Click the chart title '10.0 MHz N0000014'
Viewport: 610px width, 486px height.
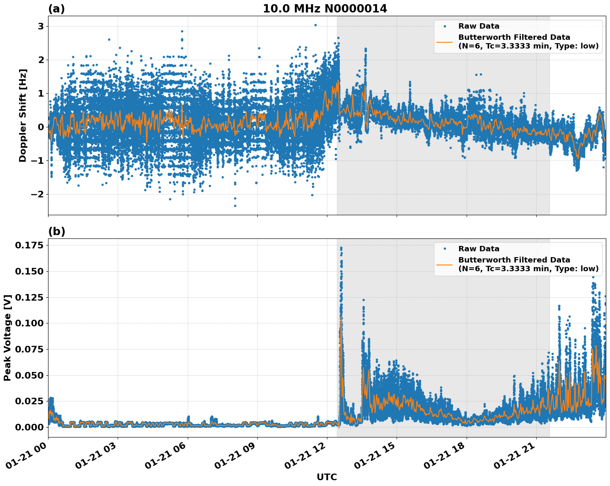(325, 9)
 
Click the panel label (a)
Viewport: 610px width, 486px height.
(56, 9)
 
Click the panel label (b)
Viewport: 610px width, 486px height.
(57, 231)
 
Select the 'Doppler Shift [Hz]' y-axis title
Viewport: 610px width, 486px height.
(23, 116)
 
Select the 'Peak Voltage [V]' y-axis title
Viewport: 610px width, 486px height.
(7, 338)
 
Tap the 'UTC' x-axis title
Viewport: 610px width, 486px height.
(327, 477)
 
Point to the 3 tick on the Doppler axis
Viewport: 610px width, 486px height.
(41, 27)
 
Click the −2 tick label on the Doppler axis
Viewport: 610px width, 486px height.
(38, 194)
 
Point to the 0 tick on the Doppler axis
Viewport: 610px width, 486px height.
(41, 127)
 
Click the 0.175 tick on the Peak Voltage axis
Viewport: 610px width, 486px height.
(29, 245)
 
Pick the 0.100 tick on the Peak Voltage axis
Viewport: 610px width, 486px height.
(29, 323)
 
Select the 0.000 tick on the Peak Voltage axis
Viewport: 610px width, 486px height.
(29, 427)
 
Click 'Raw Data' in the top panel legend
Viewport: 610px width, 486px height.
(479, 26)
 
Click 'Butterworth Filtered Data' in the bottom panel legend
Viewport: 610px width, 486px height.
(514, 260)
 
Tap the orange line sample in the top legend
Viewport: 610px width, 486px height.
(444, 41)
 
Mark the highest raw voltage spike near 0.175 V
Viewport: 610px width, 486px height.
(341, 248)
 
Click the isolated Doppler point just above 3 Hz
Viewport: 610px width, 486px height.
(315, 25)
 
